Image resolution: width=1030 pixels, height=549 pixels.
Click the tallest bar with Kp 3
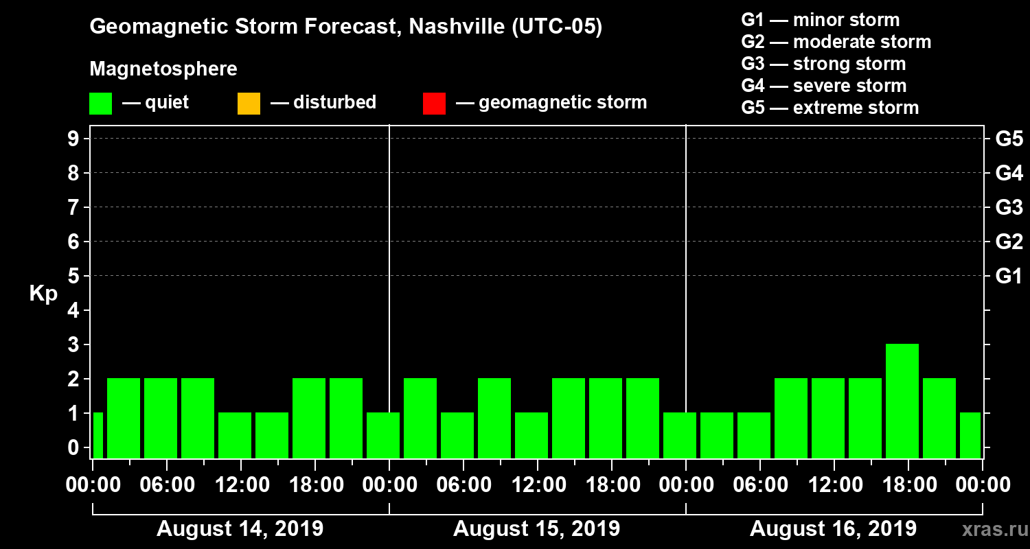(902, 401)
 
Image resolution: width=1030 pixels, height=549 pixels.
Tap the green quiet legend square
(100, 103)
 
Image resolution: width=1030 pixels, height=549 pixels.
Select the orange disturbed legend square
(249, 103)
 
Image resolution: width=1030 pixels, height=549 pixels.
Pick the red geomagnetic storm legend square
(434, 103)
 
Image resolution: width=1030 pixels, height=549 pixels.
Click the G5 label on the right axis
(1009, 139)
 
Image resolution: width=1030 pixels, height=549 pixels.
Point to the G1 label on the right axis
(1009, 277)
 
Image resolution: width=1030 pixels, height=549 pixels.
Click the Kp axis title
(43, 293)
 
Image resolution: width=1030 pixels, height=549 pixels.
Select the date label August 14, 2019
(240, 529)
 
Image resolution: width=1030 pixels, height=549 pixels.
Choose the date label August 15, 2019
(537, 529)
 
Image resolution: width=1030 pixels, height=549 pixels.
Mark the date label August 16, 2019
(833, 529)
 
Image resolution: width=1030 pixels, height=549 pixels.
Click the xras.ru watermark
(991, 529)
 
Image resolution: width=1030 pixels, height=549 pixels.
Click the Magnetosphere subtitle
(163, 69)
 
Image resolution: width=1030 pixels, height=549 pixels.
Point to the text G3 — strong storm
(823, 64)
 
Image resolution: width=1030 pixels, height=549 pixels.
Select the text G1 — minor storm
(821, 20)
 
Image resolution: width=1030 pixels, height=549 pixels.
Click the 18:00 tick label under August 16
(908, 485)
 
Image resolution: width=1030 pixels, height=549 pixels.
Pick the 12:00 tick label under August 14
(240, 485)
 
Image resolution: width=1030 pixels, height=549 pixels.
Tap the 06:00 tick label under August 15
(463, 485)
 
